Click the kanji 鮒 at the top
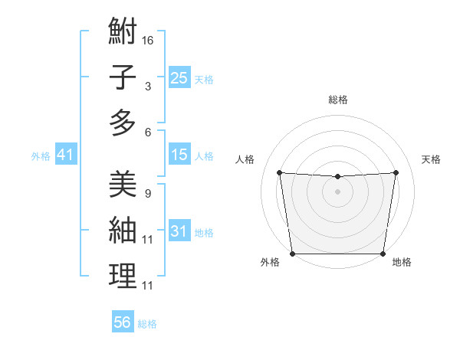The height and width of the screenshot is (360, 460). (x=123, y=32)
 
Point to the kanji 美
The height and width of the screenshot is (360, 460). (x=123, y=184)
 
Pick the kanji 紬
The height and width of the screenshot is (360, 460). (x=123, y=230)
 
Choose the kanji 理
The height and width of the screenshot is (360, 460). (x=123, y=276)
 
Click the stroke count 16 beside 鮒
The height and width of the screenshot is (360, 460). (x=148, y=39)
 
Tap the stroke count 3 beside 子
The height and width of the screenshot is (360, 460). (x=147, y=87)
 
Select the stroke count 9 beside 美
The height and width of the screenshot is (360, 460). (x=147, y=193)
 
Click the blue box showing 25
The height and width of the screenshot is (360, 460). (x=179, y=77)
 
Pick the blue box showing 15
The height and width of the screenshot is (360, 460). (x=179, y=155)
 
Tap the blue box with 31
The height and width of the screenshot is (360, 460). (x=179, y=231)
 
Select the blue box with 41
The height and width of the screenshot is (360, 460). (x=65, y=155)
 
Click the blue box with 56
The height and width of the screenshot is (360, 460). (x=122, y=322)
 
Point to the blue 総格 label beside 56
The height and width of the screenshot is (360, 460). (x=147, y=324)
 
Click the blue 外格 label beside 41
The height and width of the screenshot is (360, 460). (x=41, y=156)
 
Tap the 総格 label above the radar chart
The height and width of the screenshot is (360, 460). (x=337, y=100)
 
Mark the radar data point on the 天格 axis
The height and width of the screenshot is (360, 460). (x=396, y=172)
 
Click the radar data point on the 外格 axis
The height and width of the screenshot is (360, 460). (x=292, y=254)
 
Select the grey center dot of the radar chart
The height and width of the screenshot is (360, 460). (x=337, y=191)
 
